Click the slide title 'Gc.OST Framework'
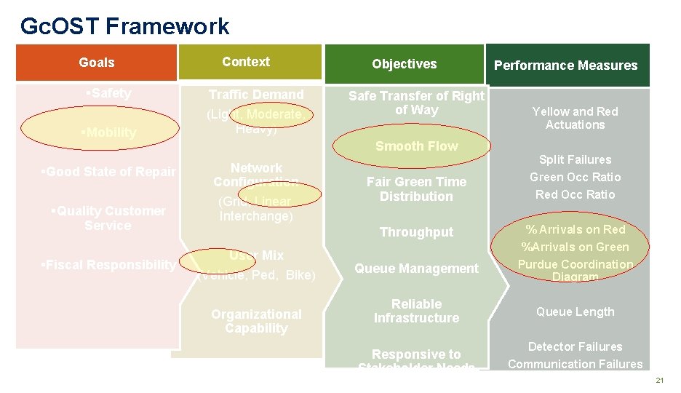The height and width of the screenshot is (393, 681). (124, 27)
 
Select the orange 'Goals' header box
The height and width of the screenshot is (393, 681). (97, 63)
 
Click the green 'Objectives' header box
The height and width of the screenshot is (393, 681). (404, 64)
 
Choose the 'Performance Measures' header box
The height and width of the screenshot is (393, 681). (565, 65)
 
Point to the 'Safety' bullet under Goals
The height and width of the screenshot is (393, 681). (108, 93)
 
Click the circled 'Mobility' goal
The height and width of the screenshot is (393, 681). (109, 132)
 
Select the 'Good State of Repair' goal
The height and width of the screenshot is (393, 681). (108, 172)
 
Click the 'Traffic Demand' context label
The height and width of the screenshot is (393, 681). (256, 95)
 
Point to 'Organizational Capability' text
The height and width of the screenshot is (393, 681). (256, 321)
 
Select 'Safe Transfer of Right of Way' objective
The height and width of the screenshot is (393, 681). (416, 103)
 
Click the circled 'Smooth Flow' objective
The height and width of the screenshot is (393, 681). (416, 146)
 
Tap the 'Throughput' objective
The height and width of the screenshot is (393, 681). (416, 232)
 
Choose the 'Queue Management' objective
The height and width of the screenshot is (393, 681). (416, 269)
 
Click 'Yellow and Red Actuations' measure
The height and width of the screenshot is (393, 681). (575, 118)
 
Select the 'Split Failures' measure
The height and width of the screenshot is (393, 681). (575, 159)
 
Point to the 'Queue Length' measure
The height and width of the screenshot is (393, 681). (575, 311)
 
